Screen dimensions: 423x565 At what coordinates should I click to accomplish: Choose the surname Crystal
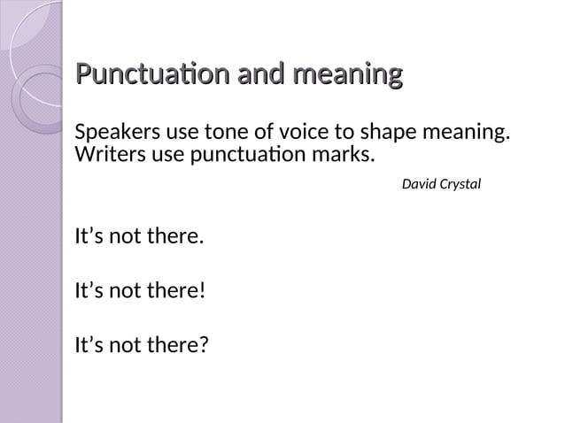click(x=461, y=186)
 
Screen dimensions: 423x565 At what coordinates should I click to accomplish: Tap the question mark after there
click(x=204, y=343)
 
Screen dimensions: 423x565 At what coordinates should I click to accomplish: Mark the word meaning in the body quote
click(x=469, y=135)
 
